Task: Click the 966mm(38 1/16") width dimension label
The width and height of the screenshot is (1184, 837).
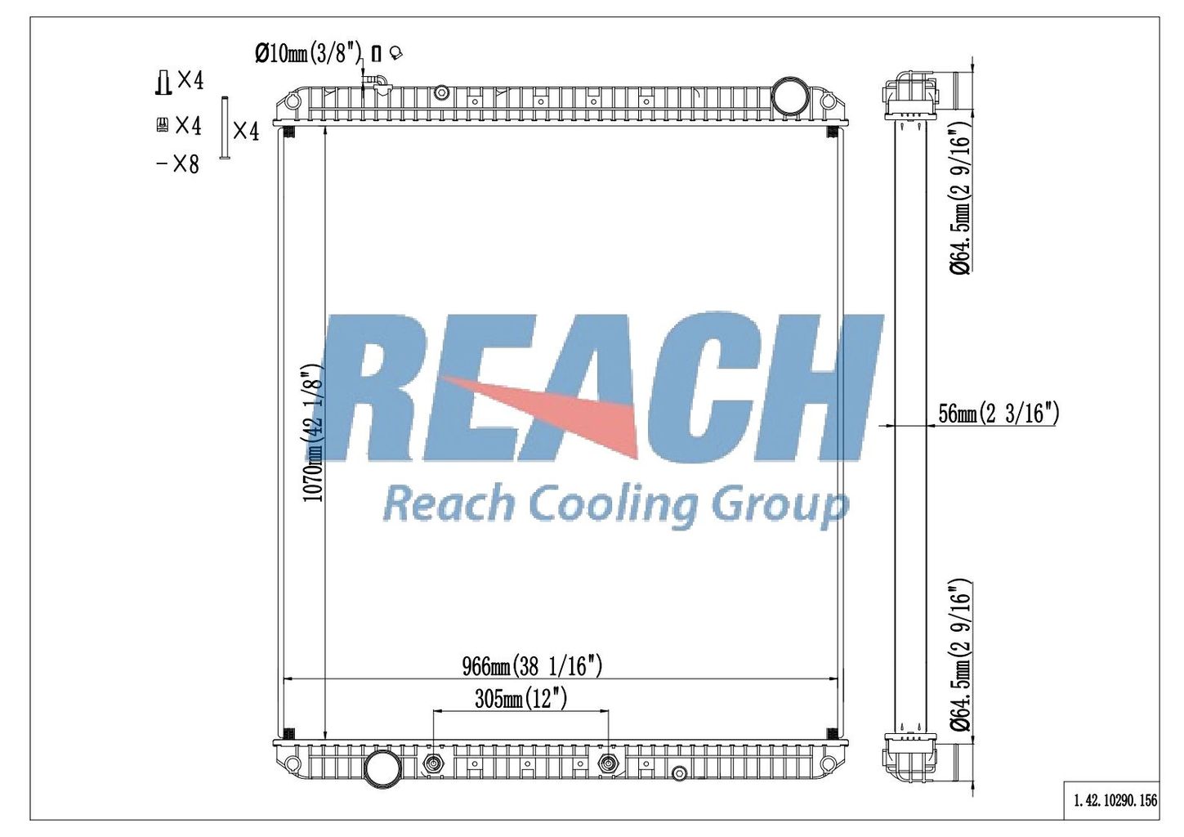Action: [x=532, y=666]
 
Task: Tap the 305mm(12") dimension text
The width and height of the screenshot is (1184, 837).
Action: [x=521, y=699]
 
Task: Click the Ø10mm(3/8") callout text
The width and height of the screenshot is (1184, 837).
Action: [x=308, y=53]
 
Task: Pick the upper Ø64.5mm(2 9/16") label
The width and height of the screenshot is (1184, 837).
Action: [x=960, y=201]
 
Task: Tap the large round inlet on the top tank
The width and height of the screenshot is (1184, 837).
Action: [x=787, y=95]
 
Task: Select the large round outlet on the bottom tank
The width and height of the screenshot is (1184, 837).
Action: [x=382, y=766]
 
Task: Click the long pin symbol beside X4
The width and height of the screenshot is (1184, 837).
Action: [x=224, y=128]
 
